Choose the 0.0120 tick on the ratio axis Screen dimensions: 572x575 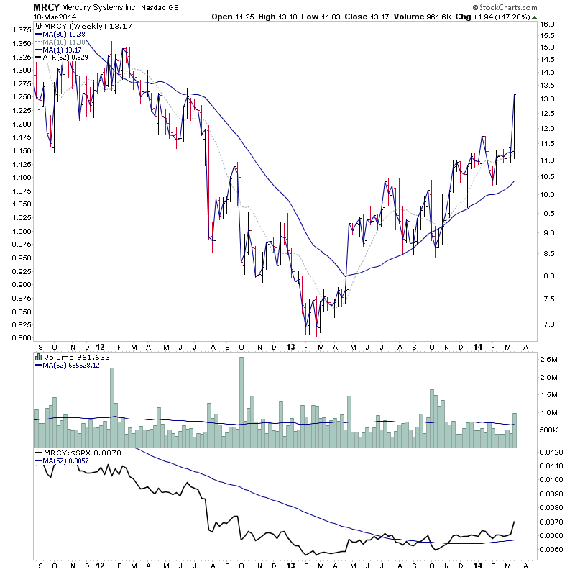click(x=551, y=453)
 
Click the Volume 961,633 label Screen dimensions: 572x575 click(x=75, y=356)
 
